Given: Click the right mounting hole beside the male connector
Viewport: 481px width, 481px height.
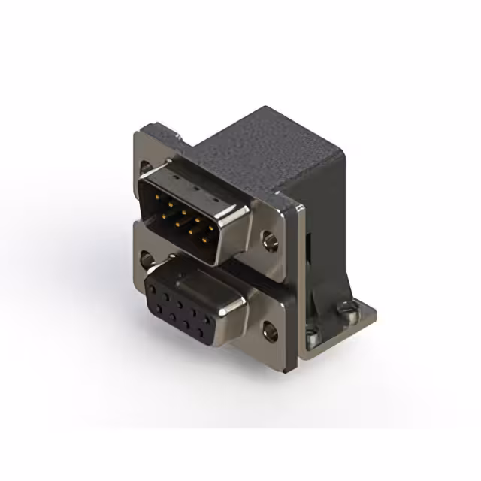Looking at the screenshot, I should tap(268, 241).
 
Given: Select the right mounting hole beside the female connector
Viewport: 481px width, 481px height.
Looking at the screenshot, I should tap(268, 328).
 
